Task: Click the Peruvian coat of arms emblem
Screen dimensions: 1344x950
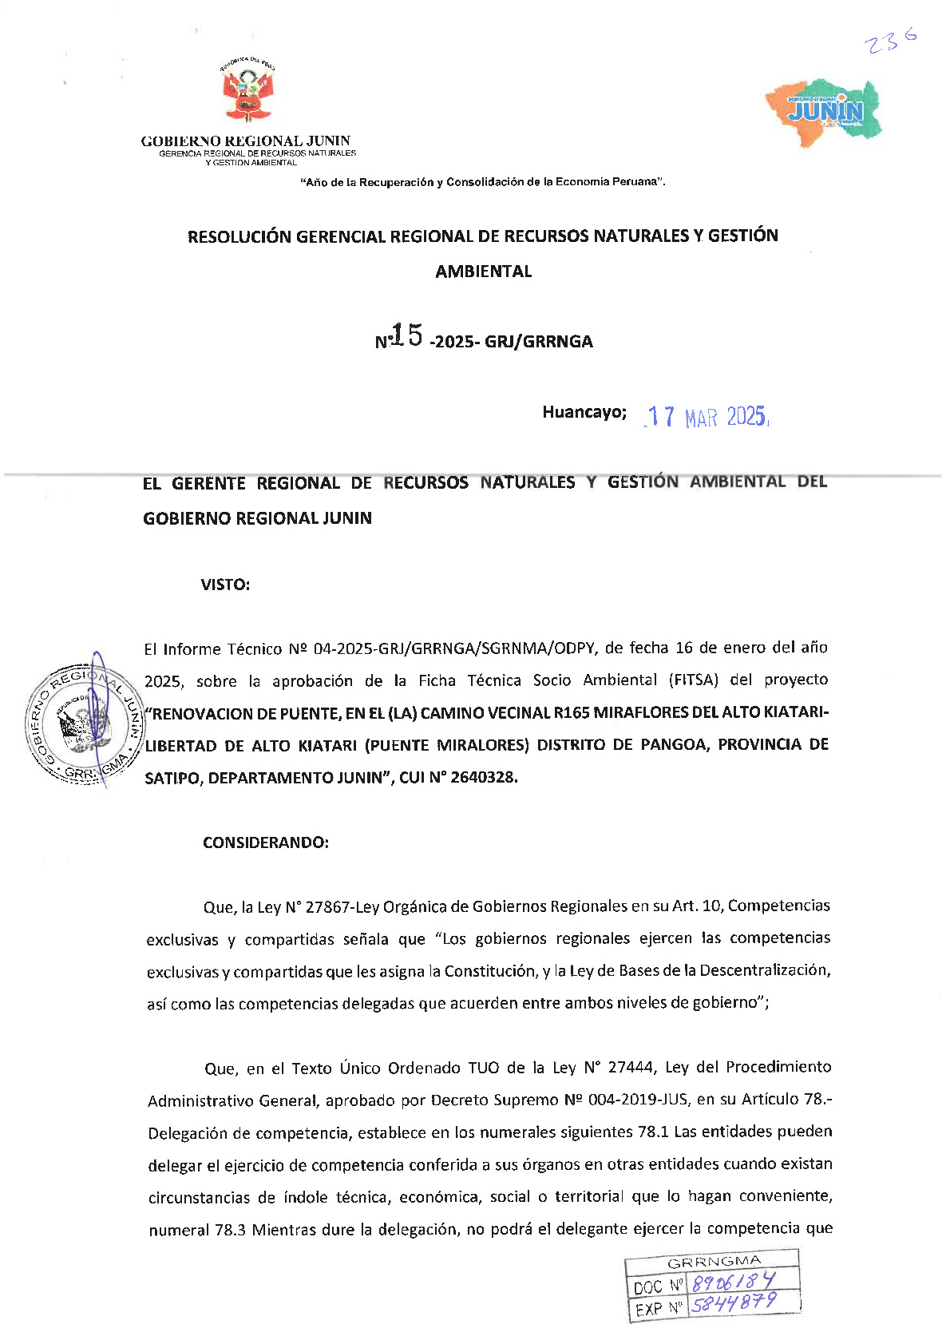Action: pyautogui.click(x=248, y=89)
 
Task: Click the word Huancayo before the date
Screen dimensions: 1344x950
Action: pyautogui.click(x=584, y=412)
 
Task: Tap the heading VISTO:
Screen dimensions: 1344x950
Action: pyautogui.click(x=225, y=585)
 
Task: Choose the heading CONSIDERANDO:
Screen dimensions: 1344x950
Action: pyautogui.click(x=265, y=842)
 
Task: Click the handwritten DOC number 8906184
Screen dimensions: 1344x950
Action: pyautogui.click(x=733, y=1283)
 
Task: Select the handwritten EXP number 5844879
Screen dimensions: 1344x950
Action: pyautogui.click(x=733, y=1303)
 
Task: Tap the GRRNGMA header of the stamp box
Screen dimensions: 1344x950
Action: pyautogui.click(x=714, y=1262)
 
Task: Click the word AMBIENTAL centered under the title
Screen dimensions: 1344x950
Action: pyautogui.click(x=483, y=272)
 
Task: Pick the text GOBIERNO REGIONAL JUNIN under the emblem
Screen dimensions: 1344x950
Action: pyautogui.click(x=245, y=141)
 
